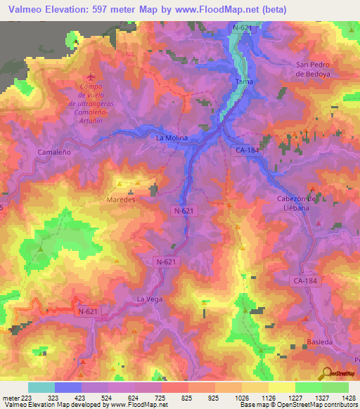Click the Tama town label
coord(245,82)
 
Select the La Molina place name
coord(172,138)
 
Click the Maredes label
coord(120,199)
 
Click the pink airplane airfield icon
coord(89,77)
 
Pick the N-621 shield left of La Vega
coord(88,311)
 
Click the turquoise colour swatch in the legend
coord(41,387)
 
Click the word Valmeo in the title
coord(26,10)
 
